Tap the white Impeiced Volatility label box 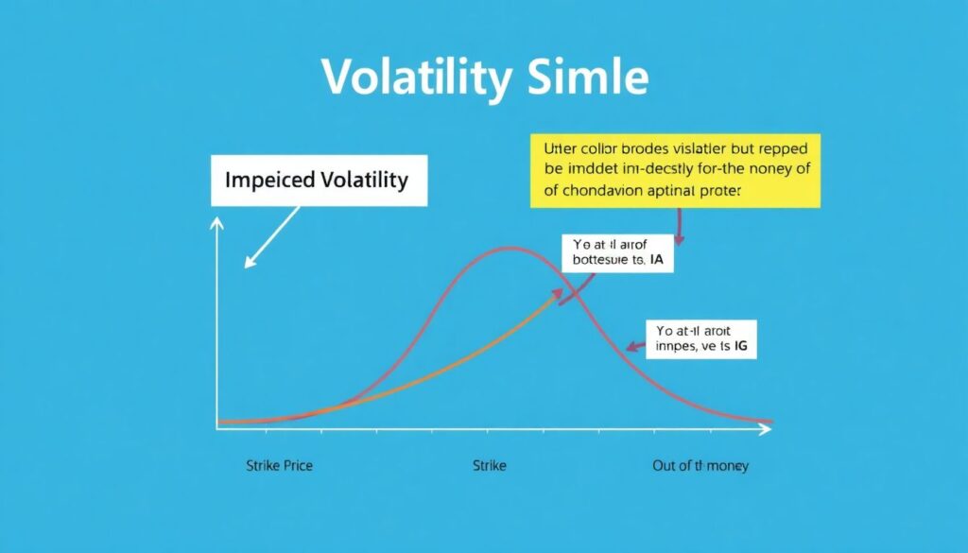coord(319,180)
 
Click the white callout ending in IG coord(702,339)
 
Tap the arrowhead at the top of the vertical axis coord(218,223)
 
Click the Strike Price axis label coord(279,466)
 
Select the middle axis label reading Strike coord(490,466)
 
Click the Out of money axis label coord(700,466)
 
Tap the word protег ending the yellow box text coord(718,190)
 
